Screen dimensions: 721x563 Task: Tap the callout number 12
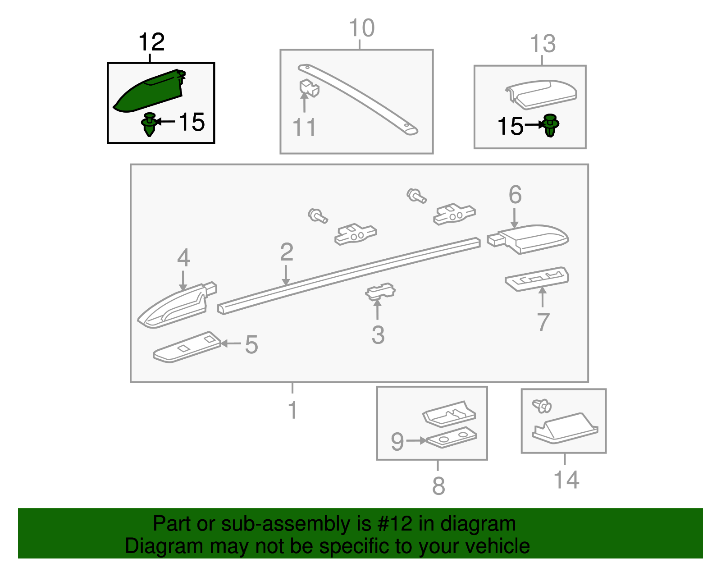[151, 42]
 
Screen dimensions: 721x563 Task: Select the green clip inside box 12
[149, 124]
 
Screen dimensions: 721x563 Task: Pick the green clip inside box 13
[551, 125]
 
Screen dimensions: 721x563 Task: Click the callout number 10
[362, 28]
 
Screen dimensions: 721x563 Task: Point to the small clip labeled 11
[309, 87]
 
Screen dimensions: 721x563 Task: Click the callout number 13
[543, 43]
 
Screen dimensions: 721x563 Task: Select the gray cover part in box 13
[541, 95]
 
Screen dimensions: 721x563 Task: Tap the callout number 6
[515, 194]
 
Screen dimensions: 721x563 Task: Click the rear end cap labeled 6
[528, 239]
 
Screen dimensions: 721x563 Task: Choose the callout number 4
[183, 257]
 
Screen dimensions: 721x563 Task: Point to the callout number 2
[287, 252]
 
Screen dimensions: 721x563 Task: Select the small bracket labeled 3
[380, 291]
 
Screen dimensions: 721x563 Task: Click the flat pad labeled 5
[187, 348]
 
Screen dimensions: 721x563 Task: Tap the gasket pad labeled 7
[537, 279]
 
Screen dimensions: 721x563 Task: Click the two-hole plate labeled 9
[452, 437]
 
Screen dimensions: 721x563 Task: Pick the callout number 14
[566, 480]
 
